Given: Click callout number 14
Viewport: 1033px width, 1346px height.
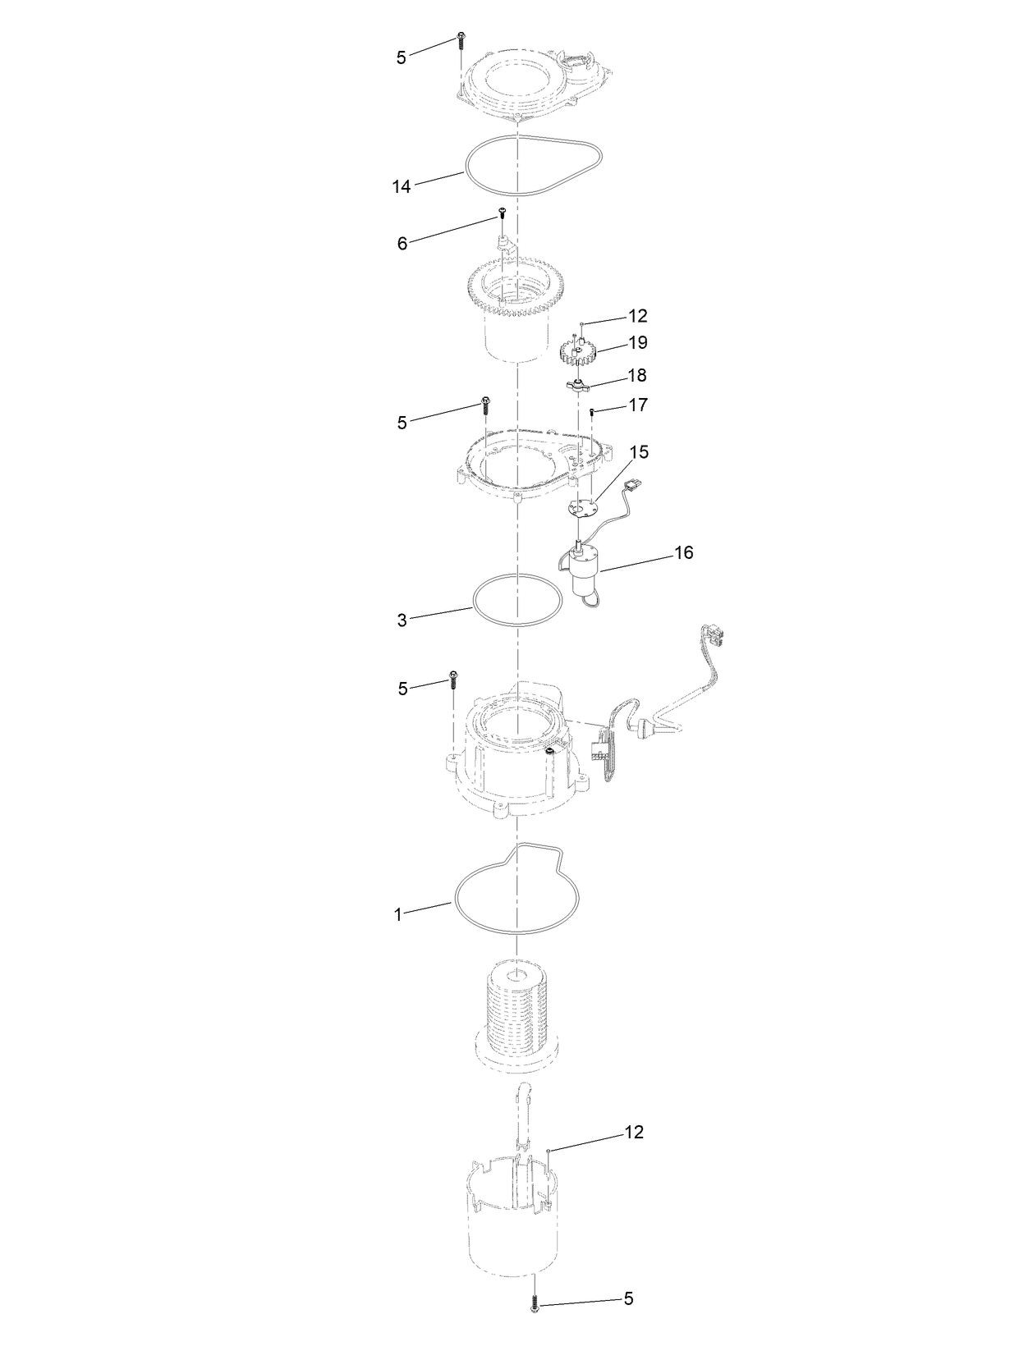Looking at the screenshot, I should coord(401,187).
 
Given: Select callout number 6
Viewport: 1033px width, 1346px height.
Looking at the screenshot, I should coord(402,244).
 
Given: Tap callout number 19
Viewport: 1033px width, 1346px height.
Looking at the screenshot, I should coord(638,342).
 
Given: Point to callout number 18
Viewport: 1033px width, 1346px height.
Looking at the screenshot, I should coord(637,376).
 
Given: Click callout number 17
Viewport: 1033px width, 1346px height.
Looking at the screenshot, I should coord(638,405).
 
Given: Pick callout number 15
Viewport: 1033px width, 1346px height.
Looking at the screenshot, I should coord(639,452).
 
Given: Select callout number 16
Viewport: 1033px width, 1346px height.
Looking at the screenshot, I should coord(683,552).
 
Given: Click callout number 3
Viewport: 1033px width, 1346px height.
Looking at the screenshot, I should coord(402,620).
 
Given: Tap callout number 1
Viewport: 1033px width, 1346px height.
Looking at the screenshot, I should coord(399,914).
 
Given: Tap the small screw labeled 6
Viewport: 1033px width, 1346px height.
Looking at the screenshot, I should coord(502,214).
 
